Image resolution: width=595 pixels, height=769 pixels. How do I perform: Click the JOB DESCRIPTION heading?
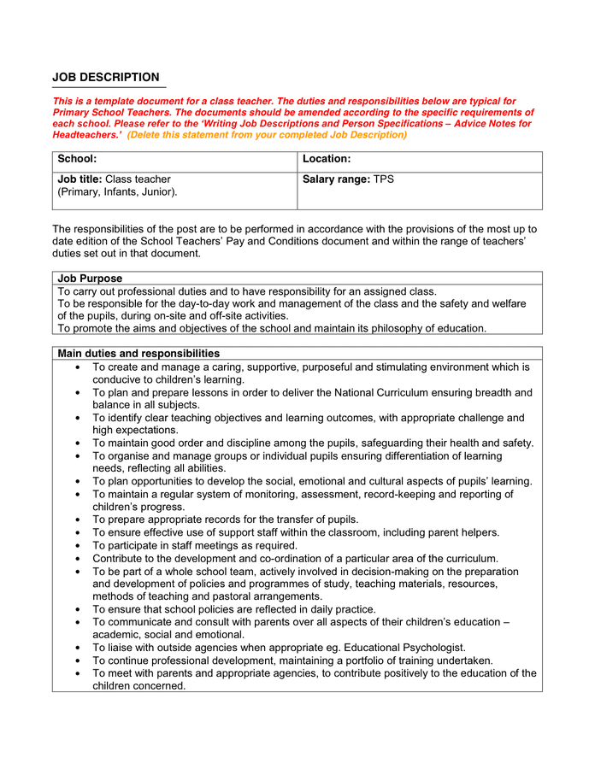[105, 78]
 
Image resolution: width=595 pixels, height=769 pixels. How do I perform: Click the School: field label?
[77, 159]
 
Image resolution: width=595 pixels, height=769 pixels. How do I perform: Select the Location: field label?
[327, 159]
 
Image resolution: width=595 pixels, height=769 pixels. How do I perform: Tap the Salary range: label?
[336, 179]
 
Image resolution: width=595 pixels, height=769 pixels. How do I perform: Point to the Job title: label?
[80, 179]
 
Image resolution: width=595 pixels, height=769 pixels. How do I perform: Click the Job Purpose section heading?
[90, 279]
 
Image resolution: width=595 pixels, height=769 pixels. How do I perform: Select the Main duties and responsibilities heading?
[138, 354]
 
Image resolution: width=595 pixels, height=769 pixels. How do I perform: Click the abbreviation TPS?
[384, 179]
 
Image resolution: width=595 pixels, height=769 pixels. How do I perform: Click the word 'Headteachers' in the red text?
[85, 135]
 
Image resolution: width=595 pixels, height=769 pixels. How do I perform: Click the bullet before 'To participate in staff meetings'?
[78, 545]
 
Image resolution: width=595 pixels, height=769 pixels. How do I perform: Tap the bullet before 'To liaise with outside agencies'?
[78, 648]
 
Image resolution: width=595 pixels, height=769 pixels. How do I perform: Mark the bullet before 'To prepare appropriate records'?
[78, 520]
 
